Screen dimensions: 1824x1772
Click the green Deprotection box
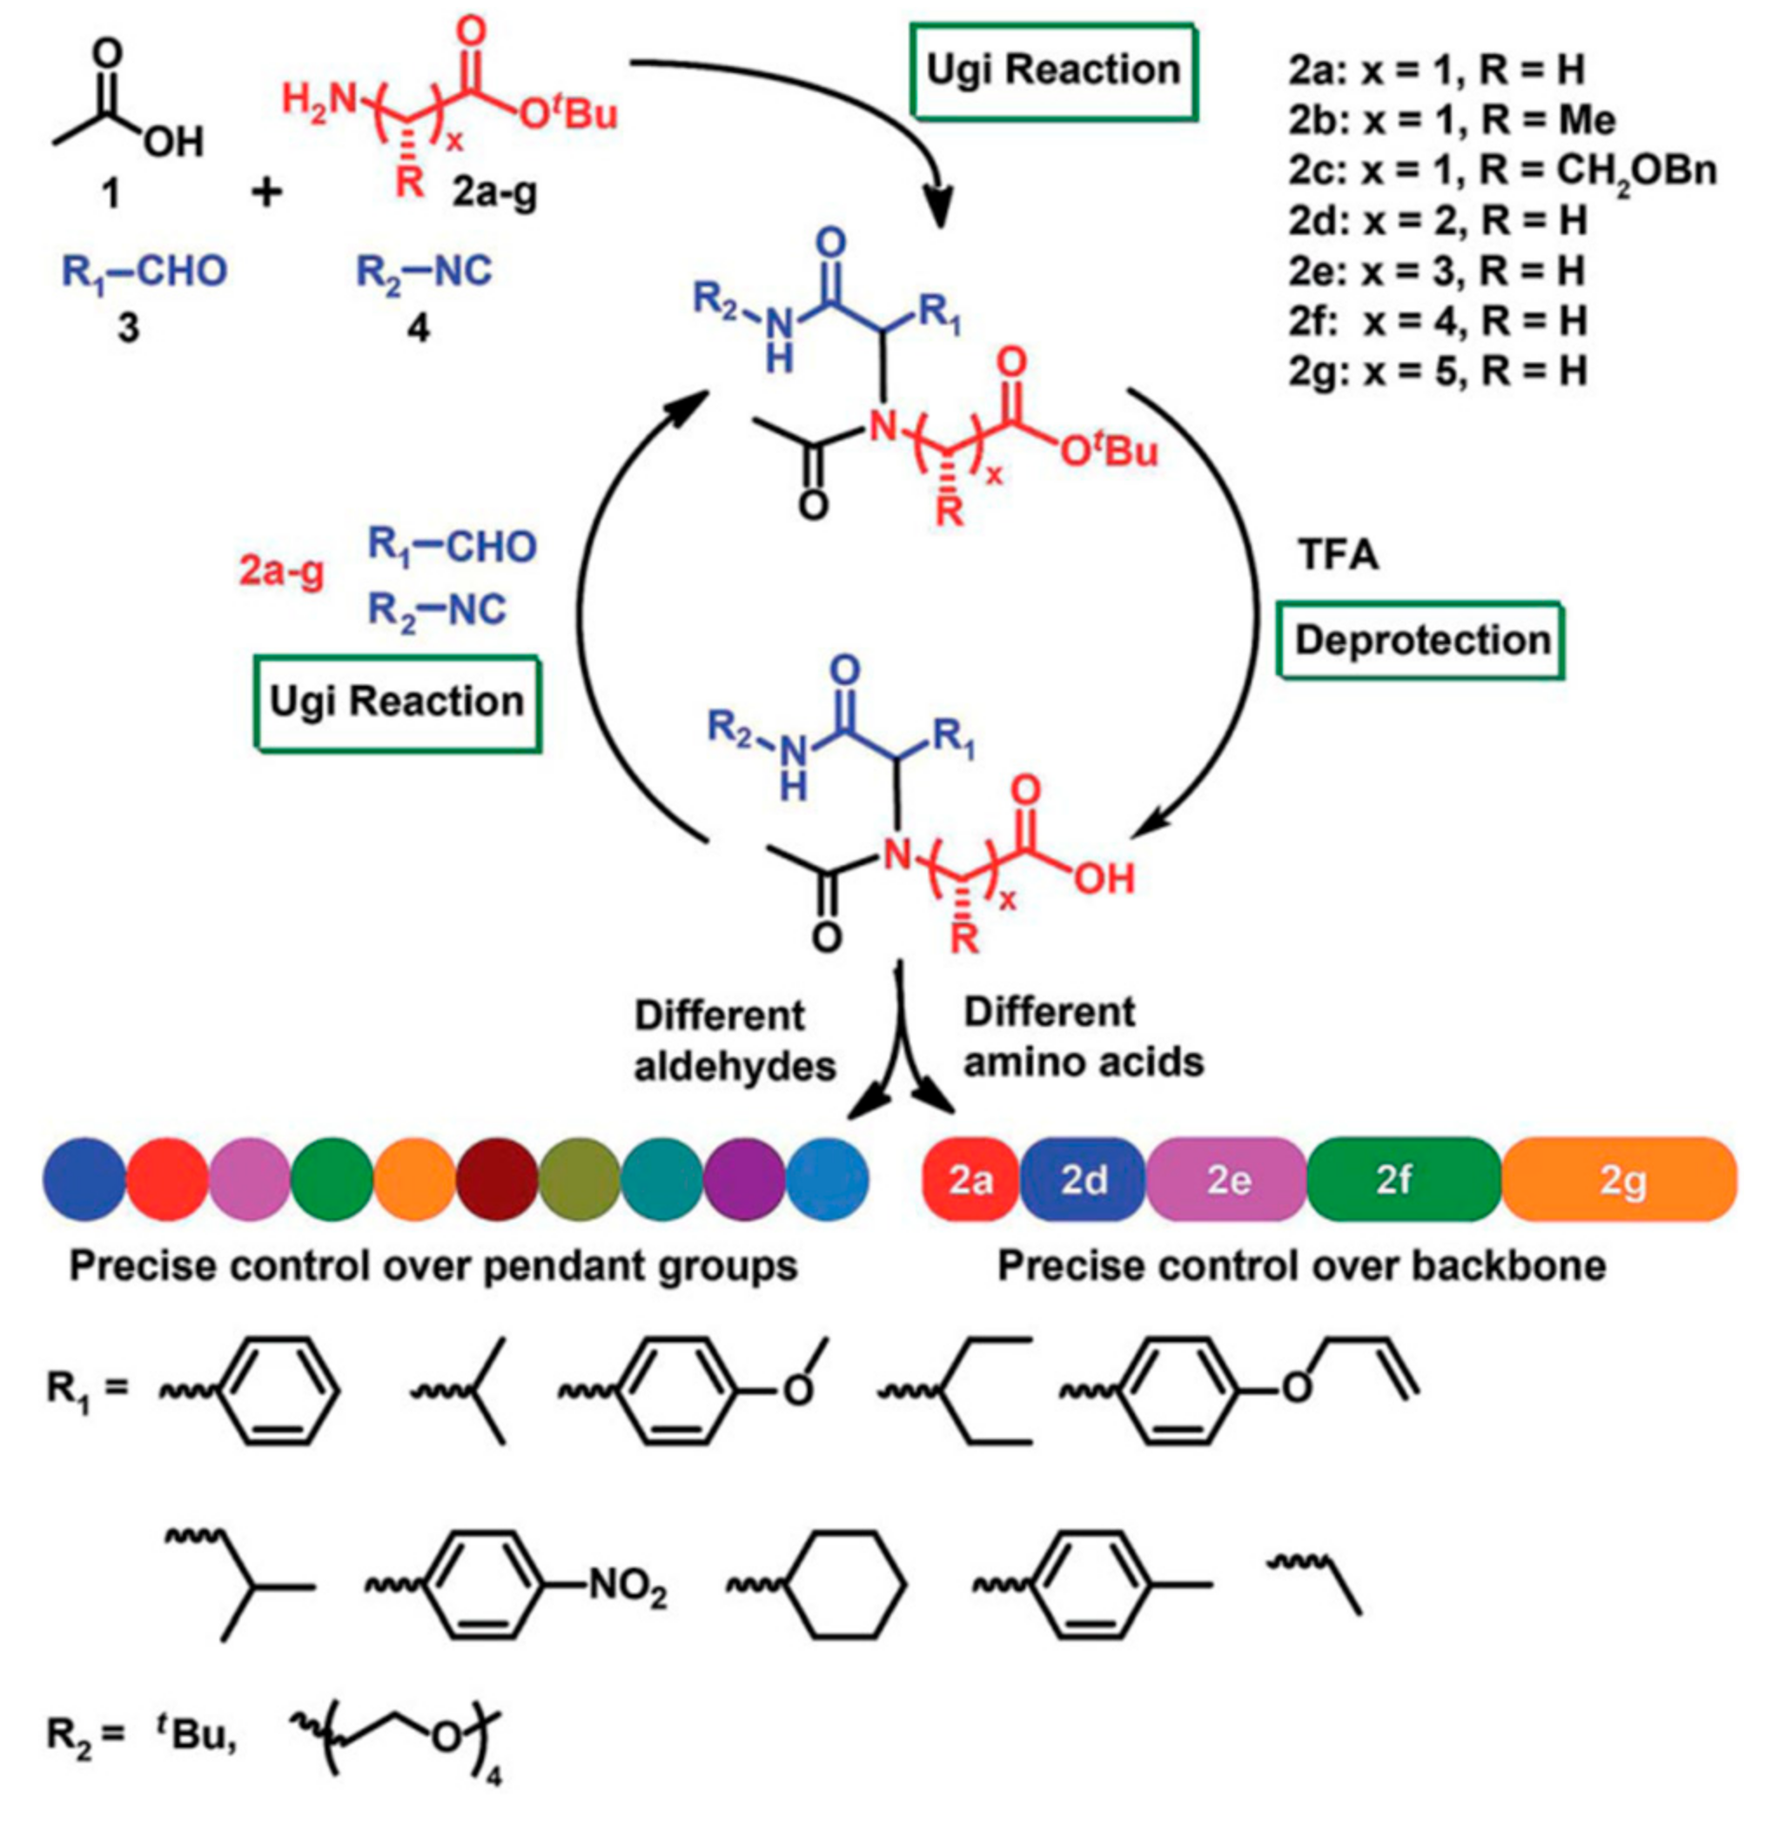[1421, 641]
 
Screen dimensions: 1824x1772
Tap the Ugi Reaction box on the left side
[398, 701]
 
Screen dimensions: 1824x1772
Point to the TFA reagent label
[1339, 555]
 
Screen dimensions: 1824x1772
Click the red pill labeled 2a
[970, 1179]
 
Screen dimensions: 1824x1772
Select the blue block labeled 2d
[1084, 1179]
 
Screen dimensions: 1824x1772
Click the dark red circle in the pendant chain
[497, 1179]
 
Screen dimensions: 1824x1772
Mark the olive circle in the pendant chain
[580, 1179]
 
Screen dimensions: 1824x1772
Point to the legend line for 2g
[1437, 372]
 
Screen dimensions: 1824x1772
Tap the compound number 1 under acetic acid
[111, 195]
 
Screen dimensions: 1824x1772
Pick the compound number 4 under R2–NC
[420, 327]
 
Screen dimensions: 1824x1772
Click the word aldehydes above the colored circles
[735, 1067]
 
